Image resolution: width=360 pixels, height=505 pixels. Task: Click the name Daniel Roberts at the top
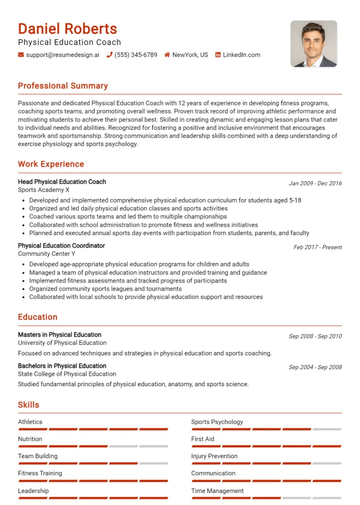click(68, 29)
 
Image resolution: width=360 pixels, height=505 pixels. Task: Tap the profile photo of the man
click(314, 44)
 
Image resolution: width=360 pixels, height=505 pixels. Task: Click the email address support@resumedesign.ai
click(62, 55)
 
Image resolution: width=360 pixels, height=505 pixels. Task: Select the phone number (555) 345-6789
click(136, 55)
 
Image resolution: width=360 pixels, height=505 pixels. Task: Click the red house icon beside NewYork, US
click(167, 55)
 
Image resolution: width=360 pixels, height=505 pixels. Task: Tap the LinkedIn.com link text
click(241, 55)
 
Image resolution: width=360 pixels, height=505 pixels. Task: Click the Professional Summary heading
click(63, 86)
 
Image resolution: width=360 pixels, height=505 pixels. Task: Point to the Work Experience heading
click(51, 164)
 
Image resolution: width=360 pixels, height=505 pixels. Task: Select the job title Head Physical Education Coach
click(62, 181)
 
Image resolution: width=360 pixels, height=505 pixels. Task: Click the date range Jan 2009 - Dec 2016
click(315, 183)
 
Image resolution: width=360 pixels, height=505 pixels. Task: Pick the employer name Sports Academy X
click(44, 190)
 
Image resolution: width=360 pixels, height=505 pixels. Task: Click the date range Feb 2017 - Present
click(318, 247)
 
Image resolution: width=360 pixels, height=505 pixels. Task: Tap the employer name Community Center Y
click(47, 253)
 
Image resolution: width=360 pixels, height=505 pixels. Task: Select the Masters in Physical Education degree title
click(60, 334)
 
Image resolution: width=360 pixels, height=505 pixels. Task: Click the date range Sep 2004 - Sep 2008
click(315, 367)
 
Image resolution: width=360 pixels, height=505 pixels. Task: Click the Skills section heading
click(29, 405)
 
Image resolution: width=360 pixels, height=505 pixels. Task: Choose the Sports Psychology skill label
click(217, 422)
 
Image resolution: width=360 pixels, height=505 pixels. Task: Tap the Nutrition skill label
click(30, 439)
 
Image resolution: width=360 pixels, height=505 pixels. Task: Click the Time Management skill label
click(217, 491)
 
